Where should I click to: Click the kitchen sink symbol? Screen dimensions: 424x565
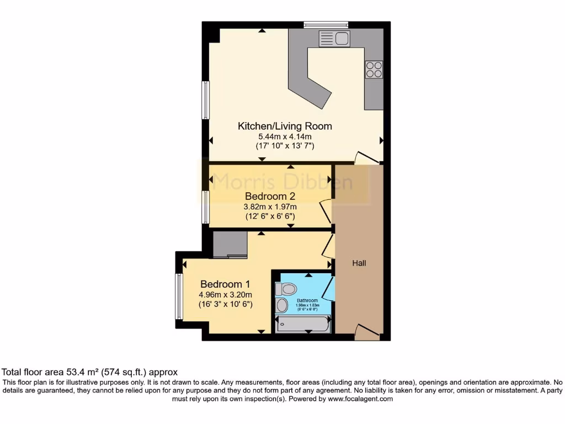click(334, 39)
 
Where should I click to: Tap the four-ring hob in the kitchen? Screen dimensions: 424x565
click(374, 69)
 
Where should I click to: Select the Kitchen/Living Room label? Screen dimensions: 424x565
click(285, 126)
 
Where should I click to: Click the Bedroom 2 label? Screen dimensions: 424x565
click(270, 197)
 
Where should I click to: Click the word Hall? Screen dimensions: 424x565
click(359, 263)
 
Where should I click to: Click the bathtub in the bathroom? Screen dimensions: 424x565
click(302, 324)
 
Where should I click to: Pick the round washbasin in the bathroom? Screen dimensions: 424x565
click(282, 305)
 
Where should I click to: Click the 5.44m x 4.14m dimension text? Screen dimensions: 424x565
click(285, 136)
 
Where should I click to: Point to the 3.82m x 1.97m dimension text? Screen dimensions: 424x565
click(270, 207)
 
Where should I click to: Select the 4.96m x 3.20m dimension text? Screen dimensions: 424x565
click(226, 294)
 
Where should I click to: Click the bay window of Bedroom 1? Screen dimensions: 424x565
click(179, 296)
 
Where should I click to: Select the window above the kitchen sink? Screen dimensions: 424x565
click(326, 24)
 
